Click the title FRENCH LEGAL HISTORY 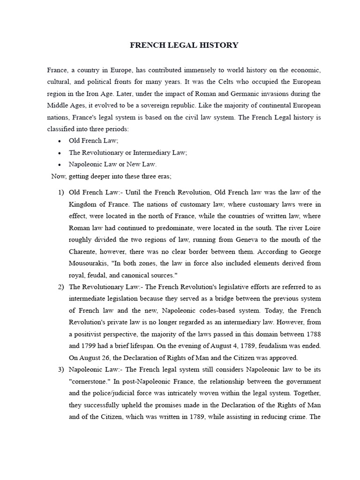[x=184, y=45]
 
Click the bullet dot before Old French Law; [x=60, y=141]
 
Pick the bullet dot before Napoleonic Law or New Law [x=60, y=165]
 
